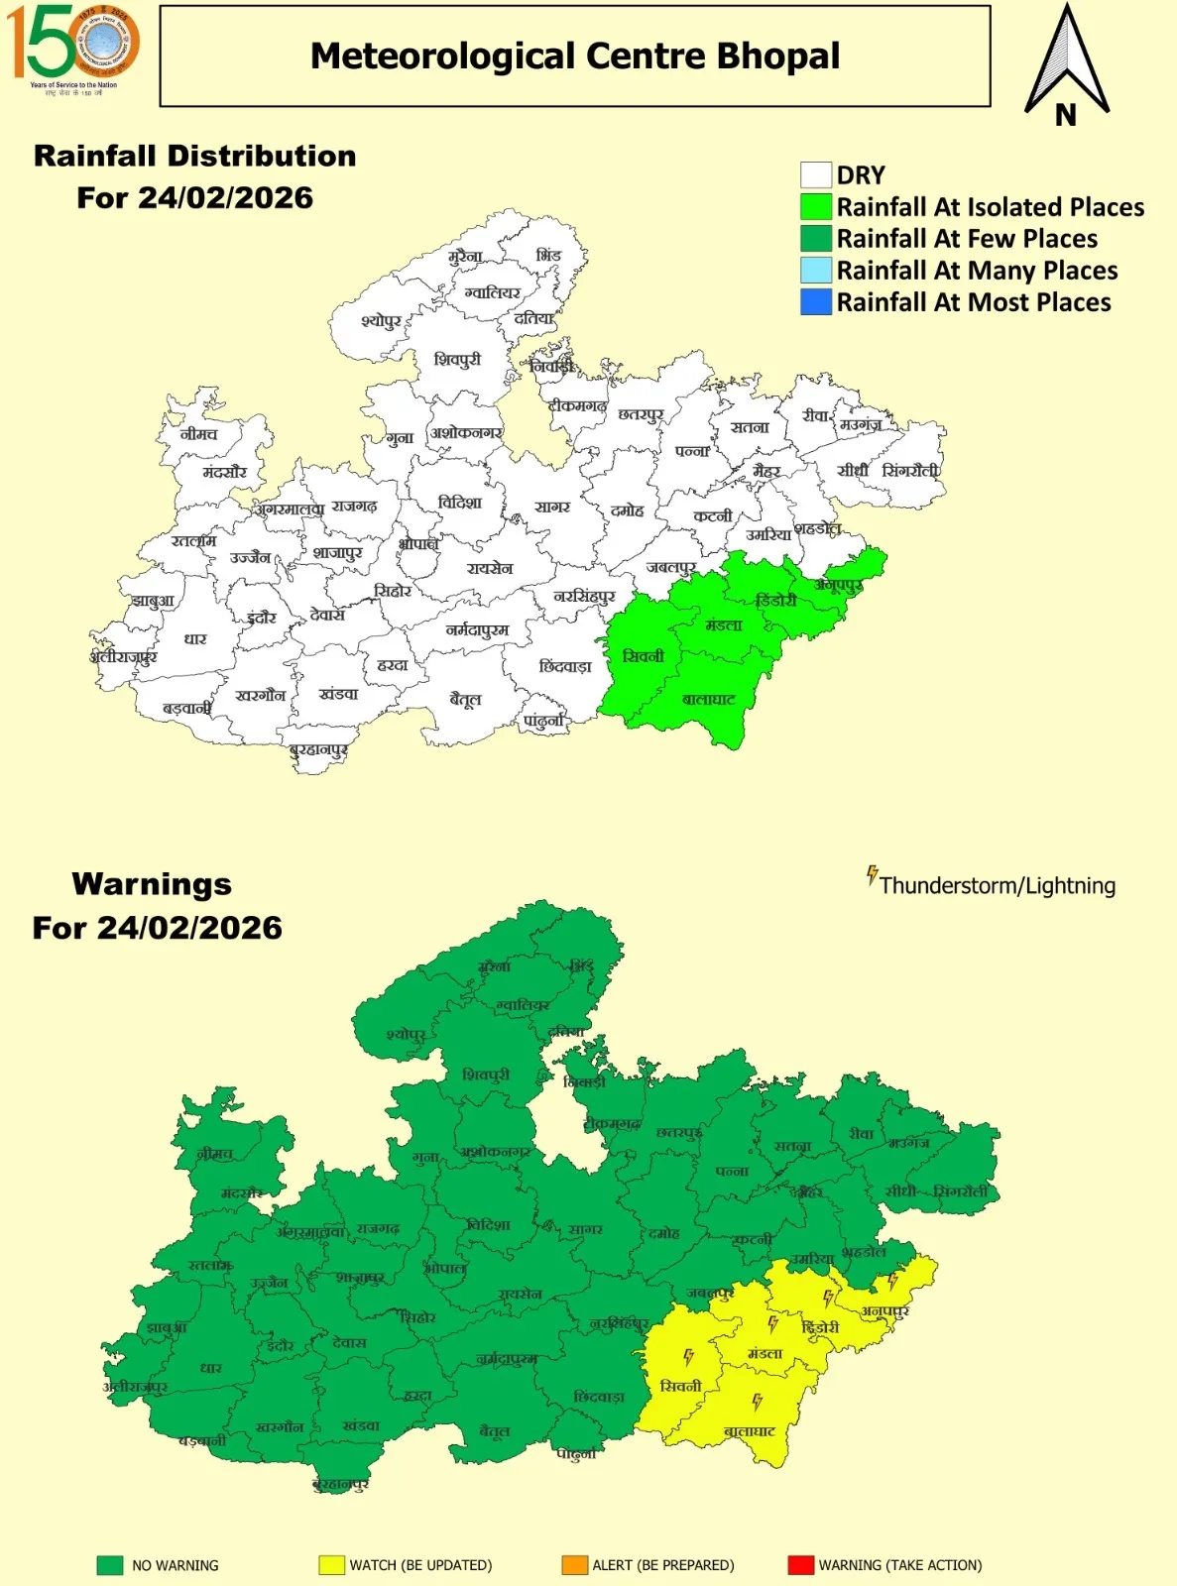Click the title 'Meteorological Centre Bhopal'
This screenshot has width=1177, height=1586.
pyautogui.click(x=575, y=57)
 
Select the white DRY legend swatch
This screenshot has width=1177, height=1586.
pyautogui.click(x=815, y=175)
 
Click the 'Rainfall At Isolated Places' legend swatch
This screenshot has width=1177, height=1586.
pyautogui.click(x=815, y=207)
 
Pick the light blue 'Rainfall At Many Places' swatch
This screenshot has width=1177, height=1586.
pyautogui.click(x=815, y=271)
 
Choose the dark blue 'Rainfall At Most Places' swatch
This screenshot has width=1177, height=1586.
pyautogui.click(x=815, y=302)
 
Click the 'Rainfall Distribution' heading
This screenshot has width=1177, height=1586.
pyautogui.click(x=194, y=157)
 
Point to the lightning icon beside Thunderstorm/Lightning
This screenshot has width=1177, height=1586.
pyautogui.click(x=872, y=875)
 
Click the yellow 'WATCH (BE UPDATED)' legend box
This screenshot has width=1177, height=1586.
pyautogui.click(x=331, y=1565)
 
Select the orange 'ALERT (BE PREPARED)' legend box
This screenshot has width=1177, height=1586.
pyautogui.click(x=574, y=1565)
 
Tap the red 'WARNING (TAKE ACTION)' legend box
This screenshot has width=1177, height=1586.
pyautogui.click(x=800, y=1565)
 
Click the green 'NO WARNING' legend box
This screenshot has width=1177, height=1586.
pyautogui.click(x=110, y=1565)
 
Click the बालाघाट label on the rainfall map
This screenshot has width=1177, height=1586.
pyautogui.click(x=708, y=700)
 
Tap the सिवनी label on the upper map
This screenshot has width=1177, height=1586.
pyautogui.click(x=643, y=656)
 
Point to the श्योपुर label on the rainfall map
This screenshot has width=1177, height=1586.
pyautogui.click(x=381, y=321)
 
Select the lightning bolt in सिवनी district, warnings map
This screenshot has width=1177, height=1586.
pyautogui.click(x=688, y=1357)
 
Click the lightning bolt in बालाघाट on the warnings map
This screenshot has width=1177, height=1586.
pyautogui.click(x=757, y=1402)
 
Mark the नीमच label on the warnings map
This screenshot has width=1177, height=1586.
pyautogui.click(x=214, y=1154)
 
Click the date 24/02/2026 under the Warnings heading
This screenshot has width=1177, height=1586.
pyautogui.click(x=158, y=928)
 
